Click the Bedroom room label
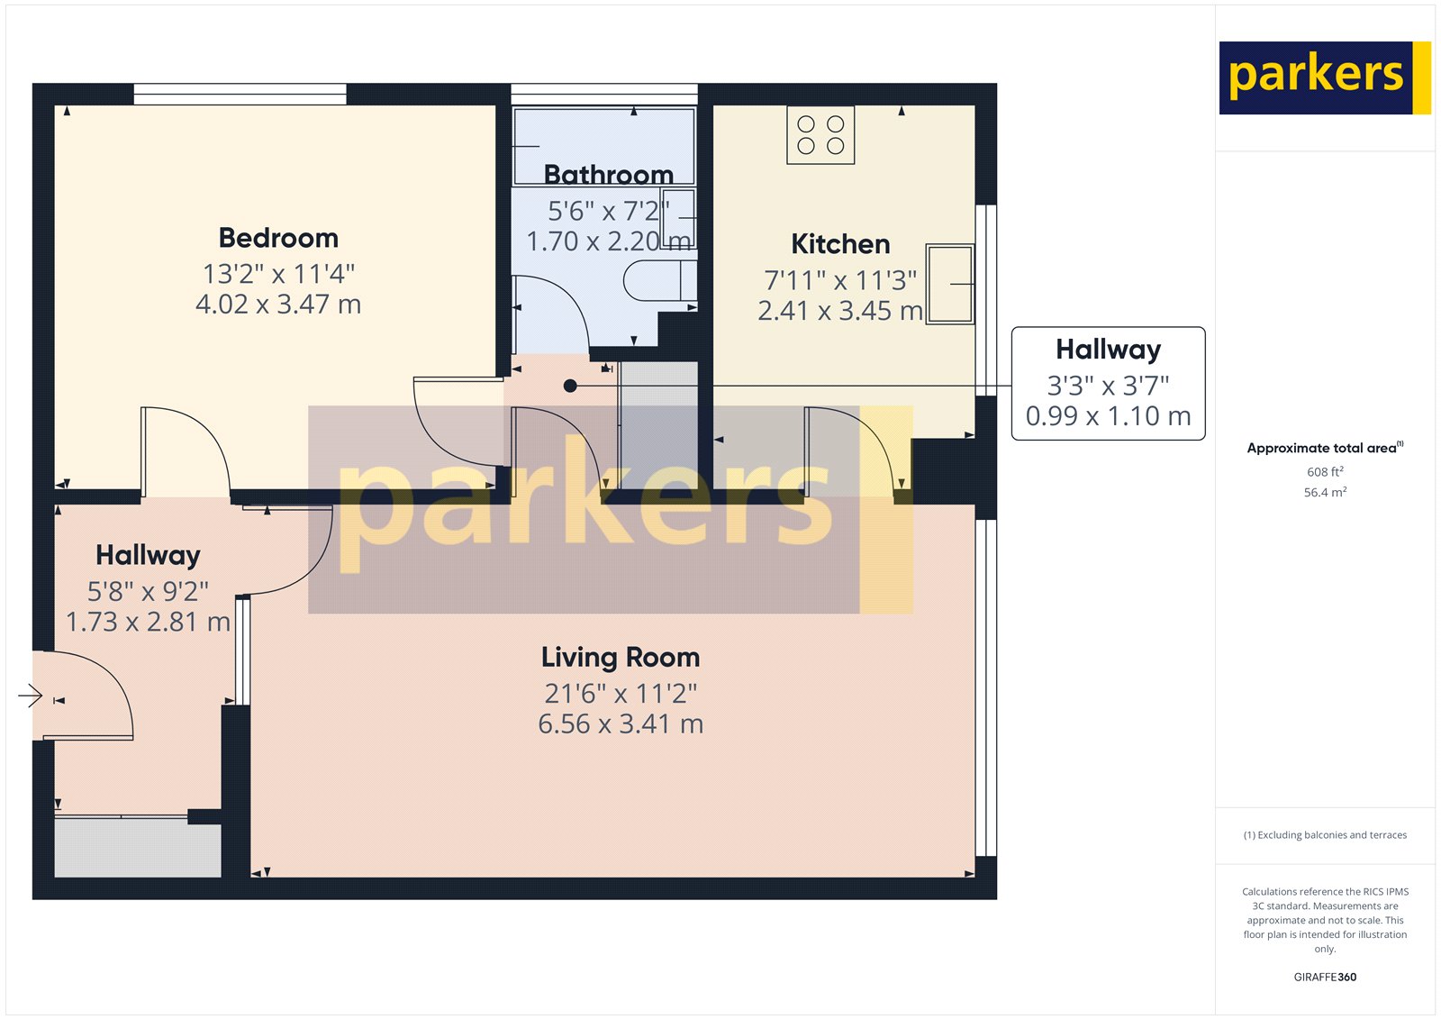point(278,238)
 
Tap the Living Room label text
point(621,657)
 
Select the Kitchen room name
point(840,244)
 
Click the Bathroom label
point(608,175)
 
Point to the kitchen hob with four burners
point(820,135)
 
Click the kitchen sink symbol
point(949,283)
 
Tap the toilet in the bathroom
point(660,281)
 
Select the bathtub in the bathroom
point(604,146)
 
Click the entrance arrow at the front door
point(31,696)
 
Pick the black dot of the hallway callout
point(570,386)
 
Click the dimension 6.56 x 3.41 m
point(621,724)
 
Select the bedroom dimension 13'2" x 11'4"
point(278,274)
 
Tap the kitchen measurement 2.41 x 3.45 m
point(840,311)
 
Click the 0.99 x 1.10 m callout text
point(1108,416)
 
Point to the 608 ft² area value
point(1325,472)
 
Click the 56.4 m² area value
point(1325,493)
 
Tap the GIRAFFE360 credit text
point(1325,977)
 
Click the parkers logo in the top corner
point(1325,77)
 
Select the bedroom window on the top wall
point(240,94)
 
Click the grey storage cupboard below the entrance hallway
point(138,849)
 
